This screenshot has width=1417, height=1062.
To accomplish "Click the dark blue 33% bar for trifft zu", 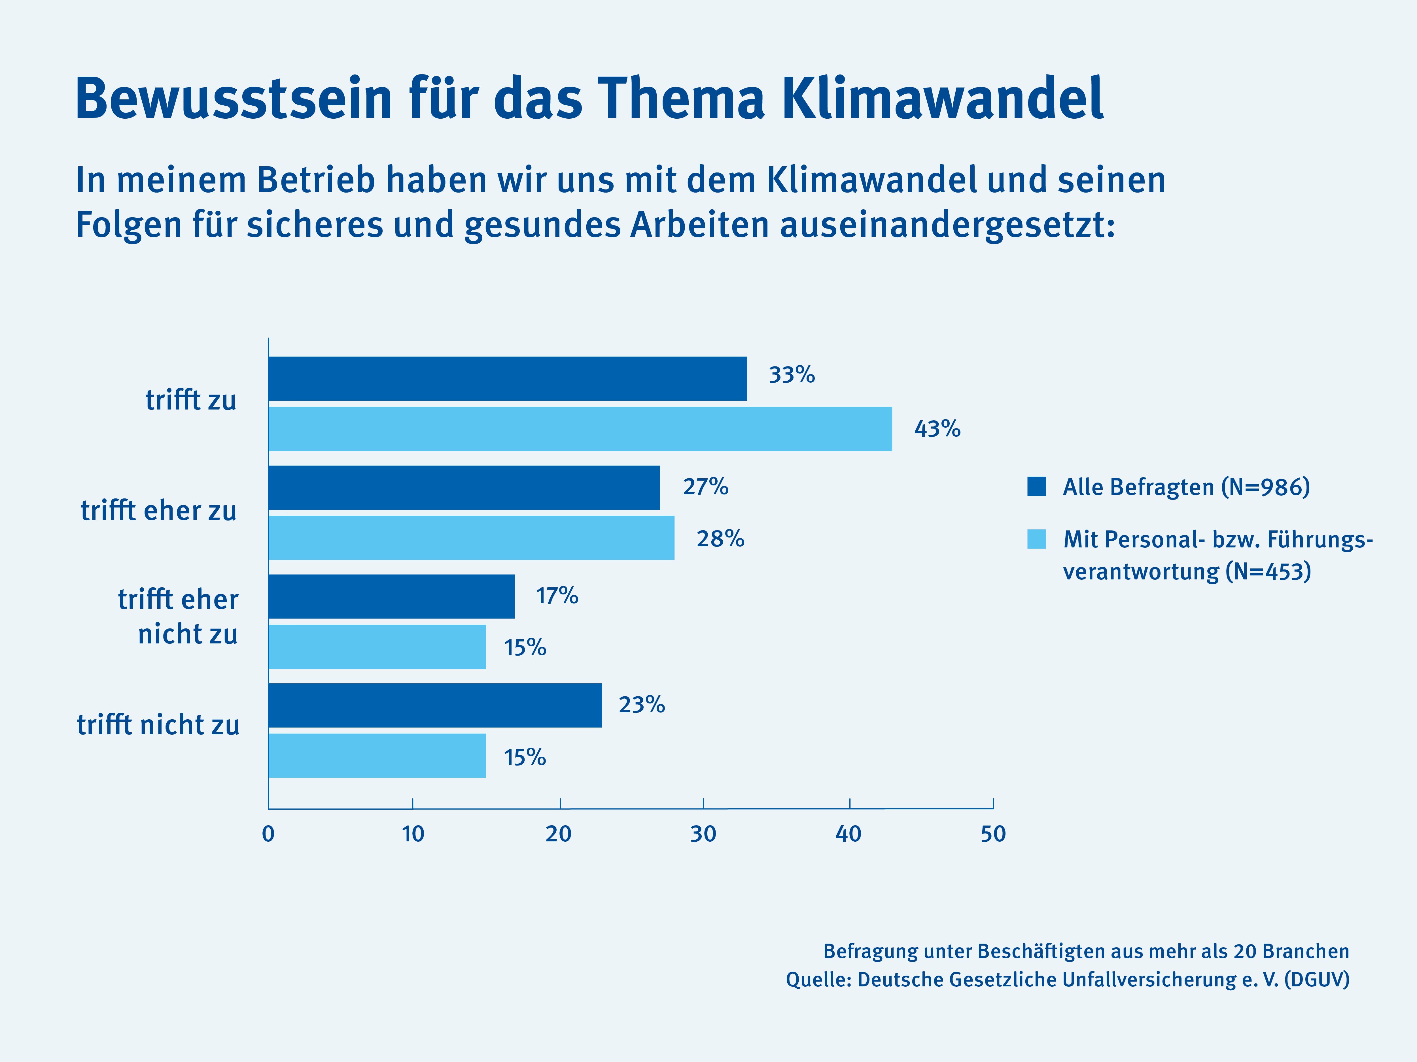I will point(507,379).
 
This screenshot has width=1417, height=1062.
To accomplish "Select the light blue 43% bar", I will point(580,429).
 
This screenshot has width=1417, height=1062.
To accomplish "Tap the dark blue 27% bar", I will point(464,488).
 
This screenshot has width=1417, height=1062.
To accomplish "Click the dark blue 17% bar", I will point(391,597).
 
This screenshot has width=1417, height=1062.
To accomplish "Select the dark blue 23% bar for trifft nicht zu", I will point(435,705).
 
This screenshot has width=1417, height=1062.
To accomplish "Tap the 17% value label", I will point(557,596).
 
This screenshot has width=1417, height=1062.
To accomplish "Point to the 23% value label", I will point(641,705).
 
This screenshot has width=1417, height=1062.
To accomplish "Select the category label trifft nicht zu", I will point(158,725).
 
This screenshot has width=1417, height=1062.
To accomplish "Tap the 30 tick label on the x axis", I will point(703,834).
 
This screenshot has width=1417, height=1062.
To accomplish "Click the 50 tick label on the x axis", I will point(993,834).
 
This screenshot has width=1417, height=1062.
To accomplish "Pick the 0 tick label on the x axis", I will point(268,834).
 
